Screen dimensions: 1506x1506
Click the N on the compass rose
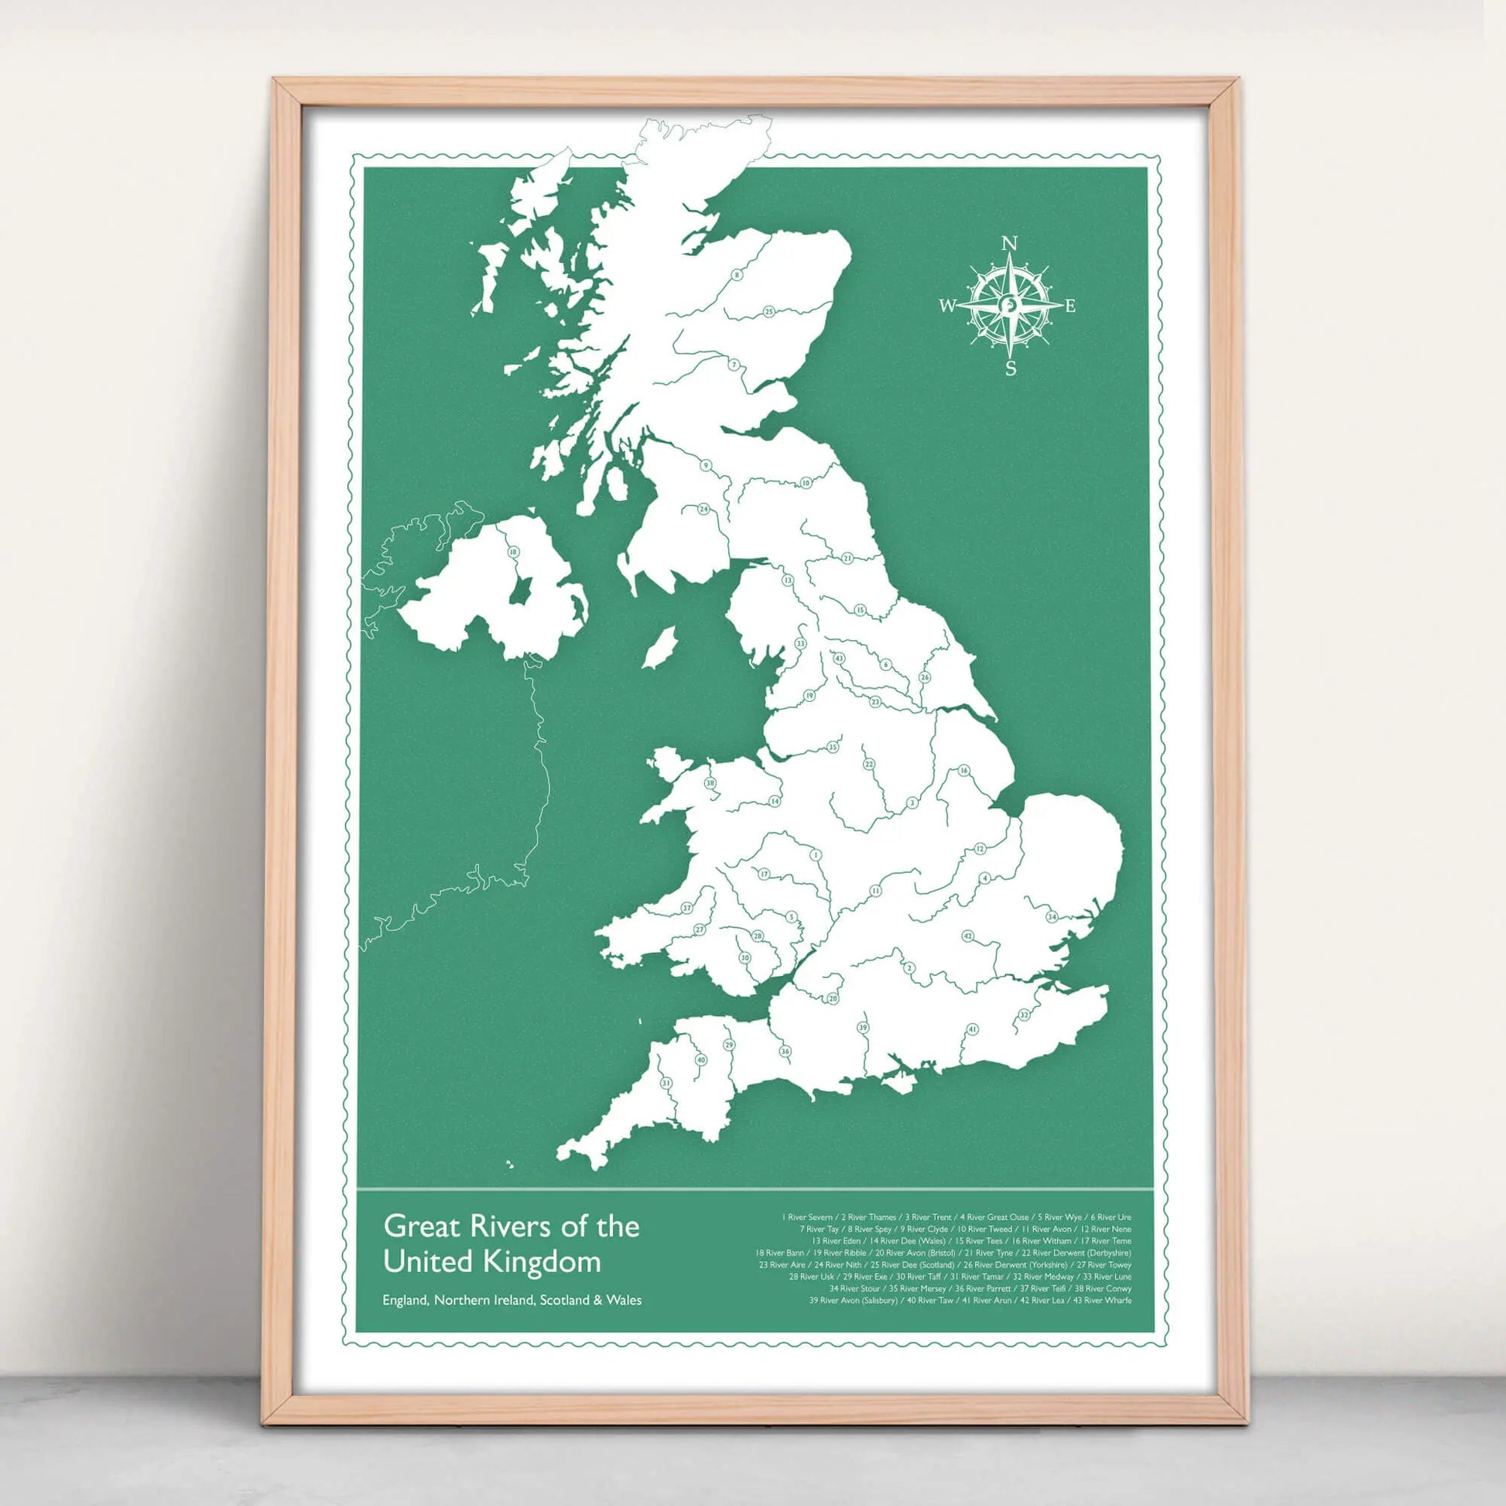tap(1008, 243)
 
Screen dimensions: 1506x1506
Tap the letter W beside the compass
tap(946, 306)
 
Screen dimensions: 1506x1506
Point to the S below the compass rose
tap(1010, 368)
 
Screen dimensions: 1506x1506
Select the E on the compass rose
tap(1070, 306)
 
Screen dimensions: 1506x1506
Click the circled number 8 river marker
tap(737, 275)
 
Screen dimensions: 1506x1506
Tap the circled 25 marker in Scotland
tap(768, 312)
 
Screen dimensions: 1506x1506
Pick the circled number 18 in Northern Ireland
tap(513, 552)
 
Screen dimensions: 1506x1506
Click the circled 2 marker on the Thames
tap(908, 968)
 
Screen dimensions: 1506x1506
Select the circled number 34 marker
tap(1051, 917)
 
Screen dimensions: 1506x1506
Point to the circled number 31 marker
tap(666, 1083)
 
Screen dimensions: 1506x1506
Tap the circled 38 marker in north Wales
tap(710, 782)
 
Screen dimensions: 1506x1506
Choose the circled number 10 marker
tap(805, 483)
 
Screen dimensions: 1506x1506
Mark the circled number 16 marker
tap(963, 771)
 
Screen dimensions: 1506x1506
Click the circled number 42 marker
tap(967, 936)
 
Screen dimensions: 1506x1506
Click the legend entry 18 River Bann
tap(779, 1253)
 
